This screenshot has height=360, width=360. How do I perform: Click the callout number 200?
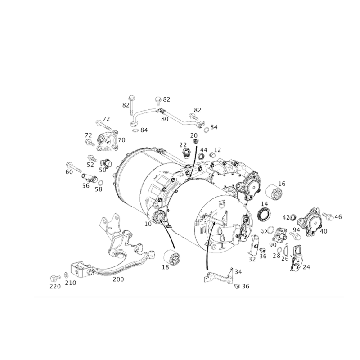coord(118,279)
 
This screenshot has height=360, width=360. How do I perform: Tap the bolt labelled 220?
coord(55,278)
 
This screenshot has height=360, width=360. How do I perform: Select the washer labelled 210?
coord(66,274)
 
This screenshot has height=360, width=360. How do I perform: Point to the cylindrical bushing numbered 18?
coord(172,257)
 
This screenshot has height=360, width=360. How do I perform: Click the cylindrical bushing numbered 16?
coord(275,192)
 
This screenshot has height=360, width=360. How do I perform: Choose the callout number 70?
coord(121,140)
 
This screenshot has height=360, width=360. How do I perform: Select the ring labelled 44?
coord(201,157)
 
